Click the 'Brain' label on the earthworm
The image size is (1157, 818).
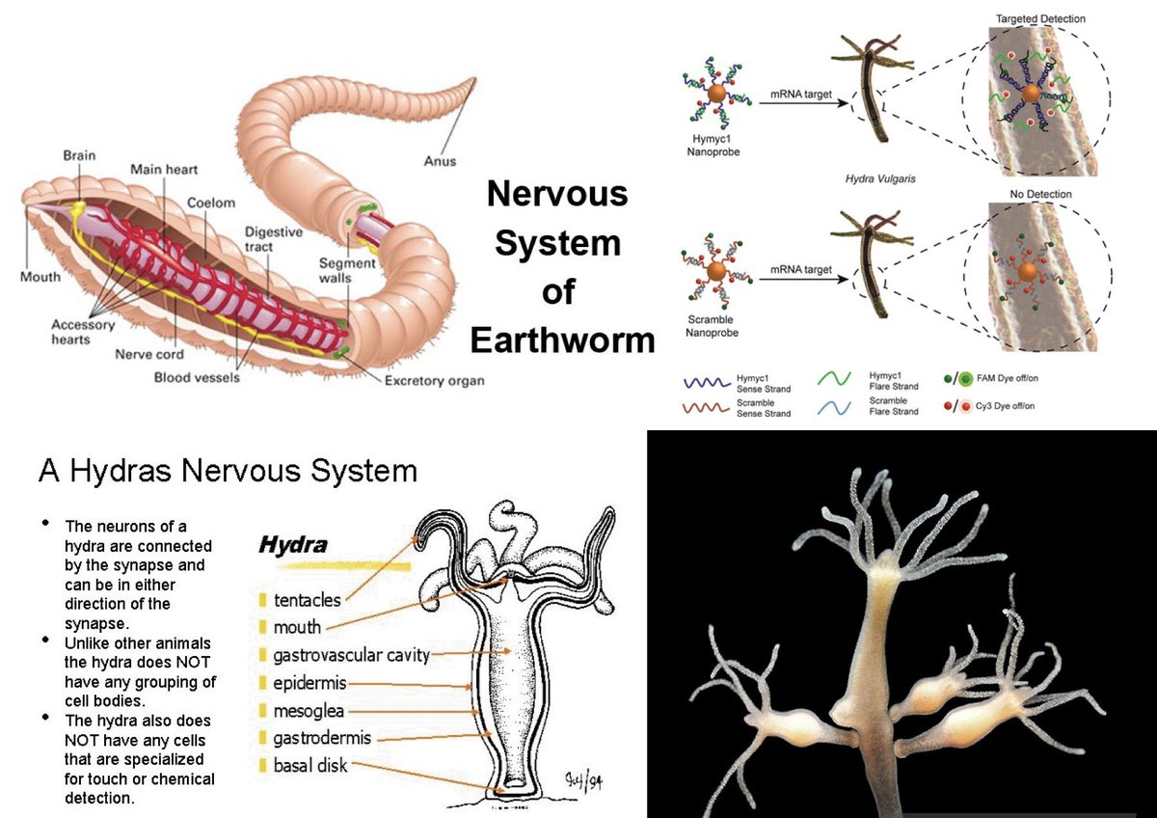(79, 155)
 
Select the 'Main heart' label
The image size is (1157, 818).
(164, 171)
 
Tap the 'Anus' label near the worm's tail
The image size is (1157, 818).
(440, 161)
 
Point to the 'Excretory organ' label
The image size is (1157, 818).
(434, 381)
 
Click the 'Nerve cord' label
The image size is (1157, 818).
(149, 355)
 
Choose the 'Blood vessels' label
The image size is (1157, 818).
(197, 377)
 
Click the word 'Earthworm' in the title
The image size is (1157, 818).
(561, 341)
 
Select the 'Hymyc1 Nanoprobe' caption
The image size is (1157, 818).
(714, 145)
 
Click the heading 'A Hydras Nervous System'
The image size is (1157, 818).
(228, 471)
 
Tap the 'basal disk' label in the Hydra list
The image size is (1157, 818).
(310, 766)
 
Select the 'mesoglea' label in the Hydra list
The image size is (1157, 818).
(309, 711)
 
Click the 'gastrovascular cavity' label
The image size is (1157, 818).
(351, 656)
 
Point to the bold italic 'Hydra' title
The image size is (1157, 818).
(292, 545)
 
